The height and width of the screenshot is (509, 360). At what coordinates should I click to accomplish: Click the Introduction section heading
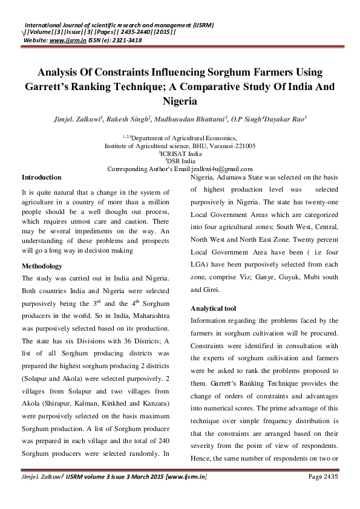(41, 177)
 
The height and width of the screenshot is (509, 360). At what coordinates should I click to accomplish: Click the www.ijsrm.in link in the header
(66, 39)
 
